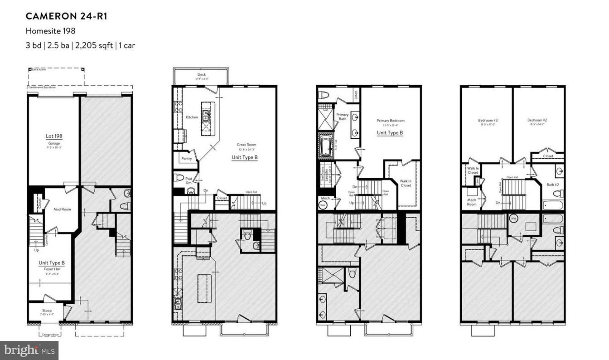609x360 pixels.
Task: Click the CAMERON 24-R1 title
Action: [66, 16]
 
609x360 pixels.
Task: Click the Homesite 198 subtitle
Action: [50, 31]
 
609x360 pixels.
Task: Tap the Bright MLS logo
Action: [29, 350]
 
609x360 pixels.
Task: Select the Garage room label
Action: [54, 143]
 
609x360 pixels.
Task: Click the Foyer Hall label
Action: [51, 268]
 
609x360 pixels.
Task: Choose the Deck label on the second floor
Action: [201, 75]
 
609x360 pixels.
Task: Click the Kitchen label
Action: [192, 117]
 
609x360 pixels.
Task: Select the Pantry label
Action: [186, 159]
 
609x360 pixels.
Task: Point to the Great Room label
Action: [246, 145]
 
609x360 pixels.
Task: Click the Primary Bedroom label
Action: [390, 121]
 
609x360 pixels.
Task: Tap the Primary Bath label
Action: [342, 117]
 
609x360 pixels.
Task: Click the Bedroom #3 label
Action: [488, 120]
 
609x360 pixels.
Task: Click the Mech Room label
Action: [472, 202]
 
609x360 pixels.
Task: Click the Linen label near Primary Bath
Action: [356, 95]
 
